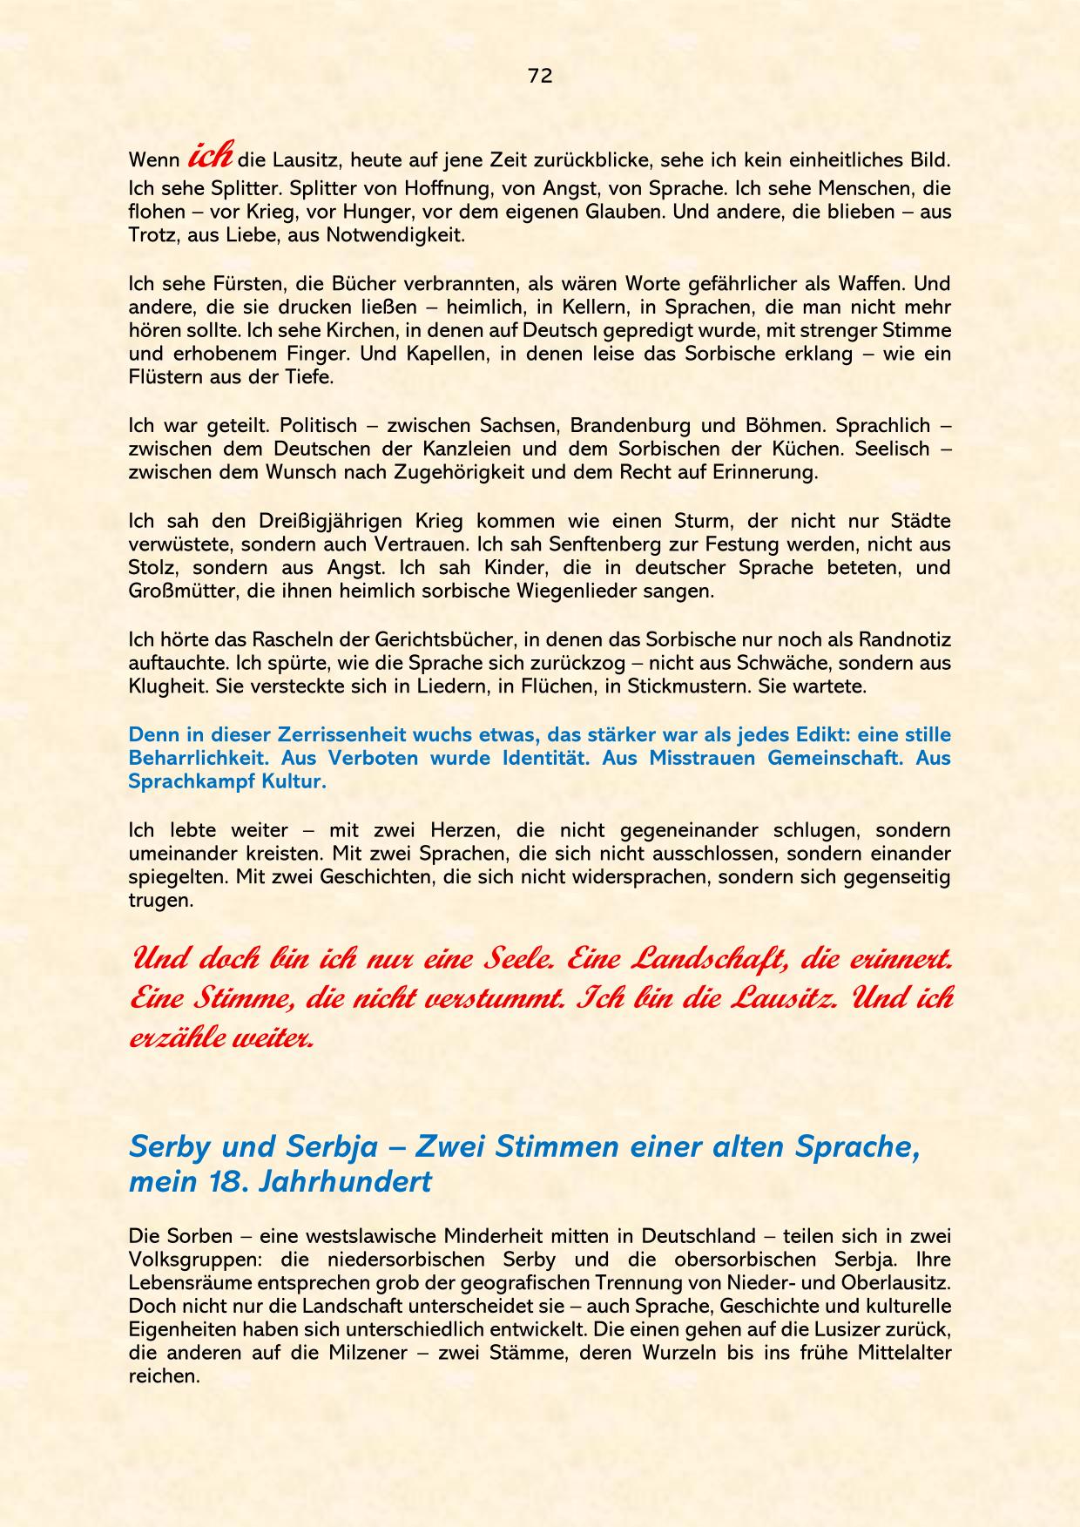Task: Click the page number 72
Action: pyautogui.click(x=540, y=76)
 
